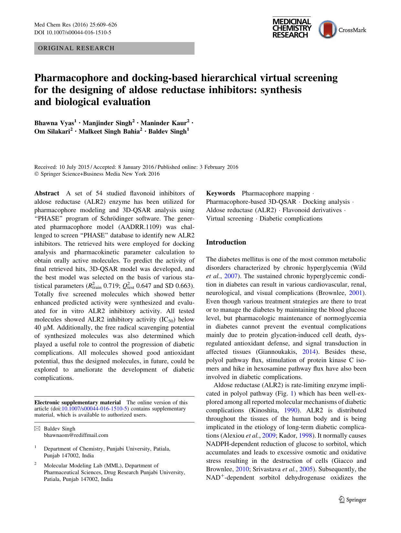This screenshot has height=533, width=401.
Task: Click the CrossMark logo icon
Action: (x=328, y=30)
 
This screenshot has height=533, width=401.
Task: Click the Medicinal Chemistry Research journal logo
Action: (x=292, y=28)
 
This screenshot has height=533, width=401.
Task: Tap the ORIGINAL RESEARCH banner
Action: (x=114, y=48)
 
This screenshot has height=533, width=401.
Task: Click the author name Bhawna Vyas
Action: (x=55, y=123)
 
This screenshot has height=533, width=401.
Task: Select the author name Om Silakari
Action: (x=53, y=131)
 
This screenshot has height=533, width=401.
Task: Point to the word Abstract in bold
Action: (x=47, y=193)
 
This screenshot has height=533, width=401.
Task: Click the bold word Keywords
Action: (x=221, y=193)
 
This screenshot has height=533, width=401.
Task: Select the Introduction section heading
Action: (x=226, y=242)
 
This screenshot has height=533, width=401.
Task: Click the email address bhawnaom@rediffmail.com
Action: (x=76, y=435)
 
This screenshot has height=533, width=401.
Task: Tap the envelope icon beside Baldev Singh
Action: (x=37, y=429)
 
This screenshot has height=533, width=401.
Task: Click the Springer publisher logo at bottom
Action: (x=352, y=500)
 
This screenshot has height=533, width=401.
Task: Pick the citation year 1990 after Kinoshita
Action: (x=290, y=410)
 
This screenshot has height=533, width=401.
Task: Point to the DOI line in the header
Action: (x=73, y=32)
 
